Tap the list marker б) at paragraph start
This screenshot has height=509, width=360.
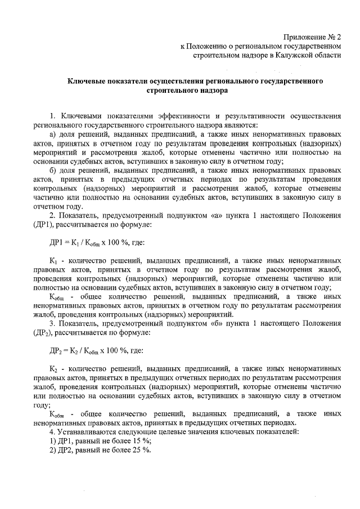tap(54, 170)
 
